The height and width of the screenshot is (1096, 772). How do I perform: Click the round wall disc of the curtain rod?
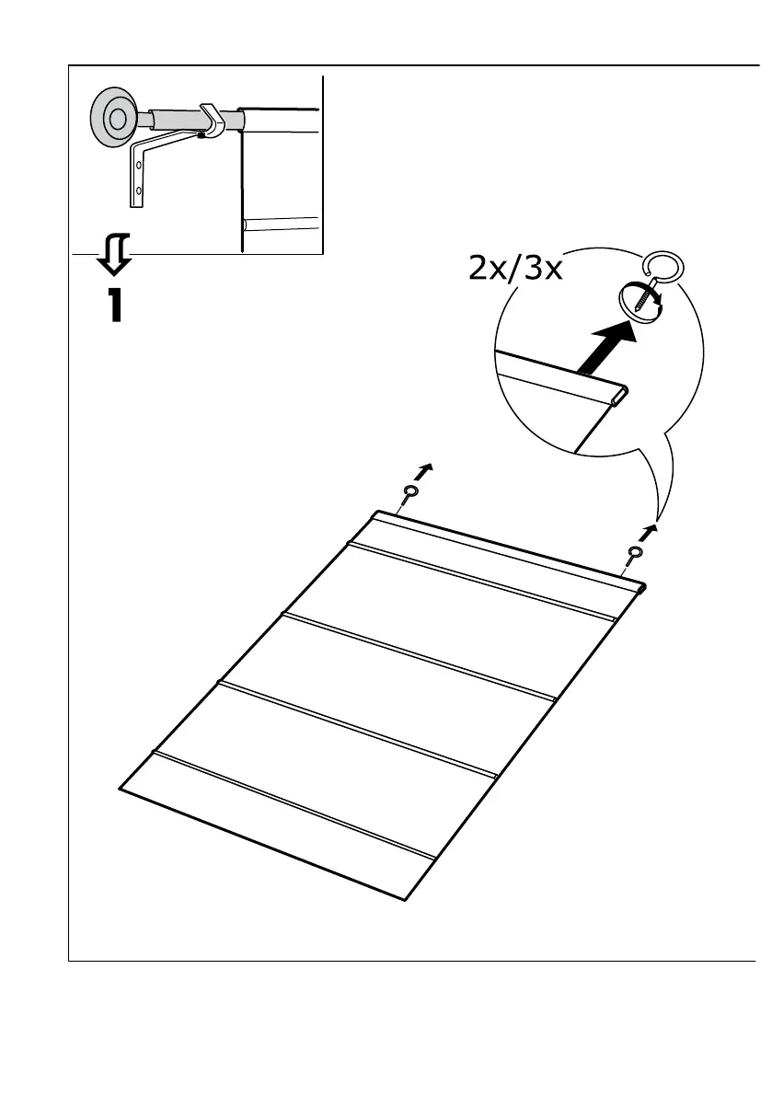116,118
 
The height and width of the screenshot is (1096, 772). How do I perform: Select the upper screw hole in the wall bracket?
139,167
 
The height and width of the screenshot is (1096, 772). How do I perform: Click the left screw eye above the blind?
408,495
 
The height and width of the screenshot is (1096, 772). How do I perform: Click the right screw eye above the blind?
634,552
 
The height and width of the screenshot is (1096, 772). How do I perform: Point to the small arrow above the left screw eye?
422,472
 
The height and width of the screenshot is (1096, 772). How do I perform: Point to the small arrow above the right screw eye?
652,530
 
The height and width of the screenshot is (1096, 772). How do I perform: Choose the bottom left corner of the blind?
121,789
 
